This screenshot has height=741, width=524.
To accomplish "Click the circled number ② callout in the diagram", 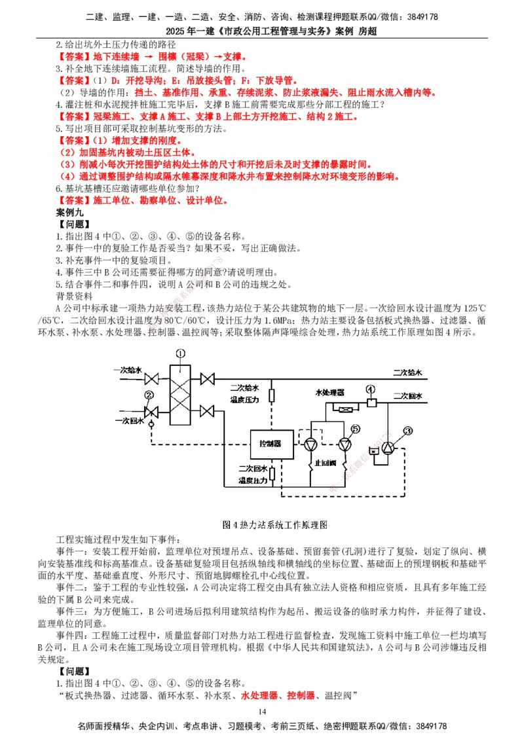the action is tap(149, 395).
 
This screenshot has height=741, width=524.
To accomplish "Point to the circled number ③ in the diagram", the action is tap(409, 430).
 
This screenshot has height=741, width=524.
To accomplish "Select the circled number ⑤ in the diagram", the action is tap(354, 429).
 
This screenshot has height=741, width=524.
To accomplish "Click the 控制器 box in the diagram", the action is tap(270, 444).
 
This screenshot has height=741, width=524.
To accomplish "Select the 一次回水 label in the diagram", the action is tap(128, 419).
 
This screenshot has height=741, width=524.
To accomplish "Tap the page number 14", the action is tap(262, 712).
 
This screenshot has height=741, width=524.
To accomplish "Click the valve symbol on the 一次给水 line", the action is tap(153, 379).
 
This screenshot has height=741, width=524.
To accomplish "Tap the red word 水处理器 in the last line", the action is tap(259, 695).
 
